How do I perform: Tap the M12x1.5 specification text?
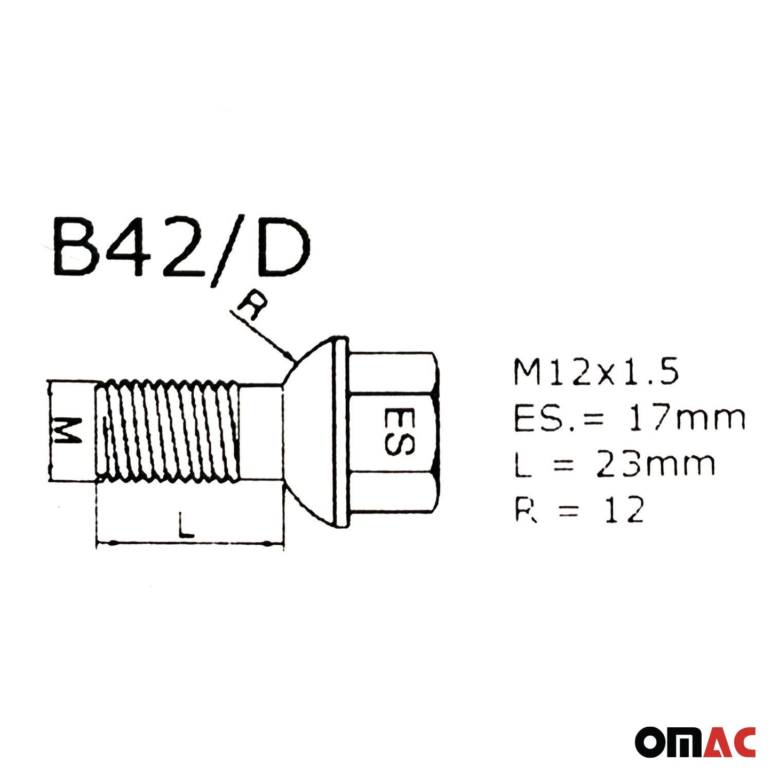click(x=596, y=372)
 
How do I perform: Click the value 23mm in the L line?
click(x=655, y=464)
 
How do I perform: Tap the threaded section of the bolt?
click(x=168, y=431)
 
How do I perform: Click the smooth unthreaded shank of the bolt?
click(x=260, y=431)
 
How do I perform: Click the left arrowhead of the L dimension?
click(x=101, y=543)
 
